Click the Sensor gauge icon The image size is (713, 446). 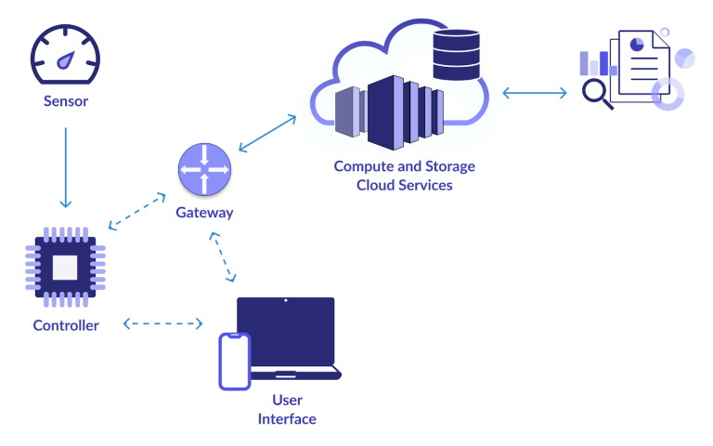click(65, 56)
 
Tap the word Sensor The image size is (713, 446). click(65, 100)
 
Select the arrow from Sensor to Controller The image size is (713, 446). click(65, 167)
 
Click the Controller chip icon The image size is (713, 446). click(65, 269)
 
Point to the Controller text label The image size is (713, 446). click(65, 325)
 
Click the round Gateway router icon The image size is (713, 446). click(204, 170)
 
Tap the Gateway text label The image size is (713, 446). click(204, 213)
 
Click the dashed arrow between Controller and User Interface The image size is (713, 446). click(162, 324)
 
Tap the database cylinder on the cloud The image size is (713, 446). click(456, 55)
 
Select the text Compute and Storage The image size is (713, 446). click(404, 166)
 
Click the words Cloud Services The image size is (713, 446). click(405, 185)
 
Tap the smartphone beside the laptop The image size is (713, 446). click(234, 361)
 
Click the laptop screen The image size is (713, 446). click(285, 332)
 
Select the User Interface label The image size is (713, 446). click(287, 410)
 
